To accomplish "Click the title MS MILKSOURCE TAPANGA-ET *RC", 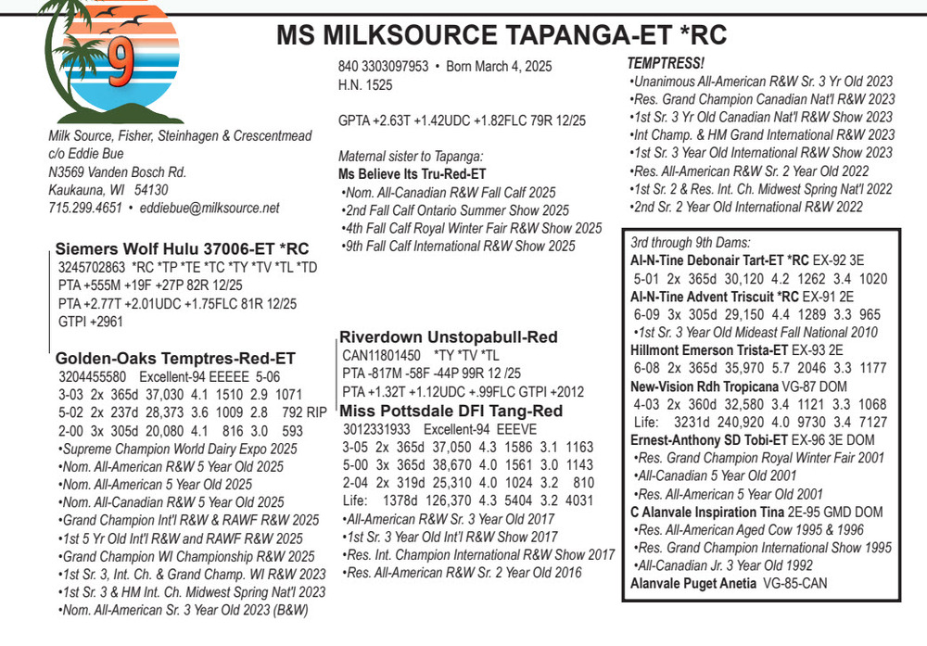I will [502, 36].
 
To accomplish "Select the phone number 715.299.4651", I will [85, 208].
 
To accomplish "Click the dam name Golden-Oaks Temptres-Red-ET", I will [175, 358].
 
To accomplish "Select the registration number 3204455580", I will [93, 377].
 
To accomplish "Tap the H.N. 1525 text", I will [365, 85].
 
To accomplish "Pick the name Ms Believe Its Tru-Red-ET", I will [413, 174].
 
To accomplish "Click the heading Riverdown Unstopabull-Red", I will [448, 336].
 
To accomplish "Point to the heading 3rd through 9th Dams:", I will [691, 242].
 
